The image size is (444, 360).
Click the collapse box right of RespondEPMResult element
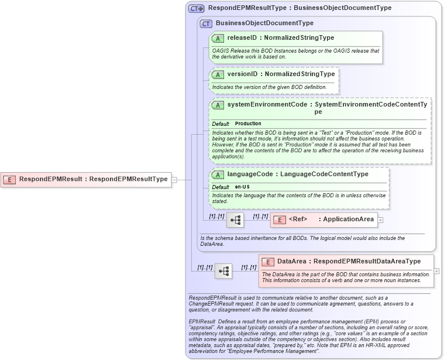(x=174, y=180)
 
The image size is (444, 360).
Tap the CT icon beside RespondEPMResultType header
(x=196, y=8)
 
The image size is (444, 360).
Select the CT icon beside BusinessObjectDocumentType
(x=206, y=23)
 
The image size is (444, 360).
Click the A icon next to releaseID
(x=218, y=38)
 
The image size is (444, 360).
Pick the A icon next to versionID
(x=218, y=74)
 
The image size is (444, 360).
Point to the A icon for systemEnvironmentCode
(x=218, y=105)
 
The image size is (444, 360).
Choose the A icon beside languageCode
(x=218, y=174)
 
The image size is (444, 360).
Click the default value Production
(x=248, y=124)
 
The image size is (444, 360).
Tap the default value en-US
(x=242, y=187)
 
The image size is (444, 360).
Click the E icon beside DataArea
(x=268, y=262)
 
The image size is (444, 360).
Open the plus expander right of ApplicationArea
(x=380, y=220)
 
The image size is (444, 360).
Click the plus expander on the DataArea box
(x=436, y=272)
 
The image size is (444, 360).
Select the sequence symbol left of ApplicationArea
(x=235, y=220)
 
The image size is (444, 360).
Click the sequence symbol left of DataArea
(x=223, y=271)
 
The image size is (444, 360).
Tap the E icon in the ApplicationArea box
(x=280, y=220)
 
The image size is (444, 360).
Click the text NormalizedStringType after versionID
(x=300, y=74)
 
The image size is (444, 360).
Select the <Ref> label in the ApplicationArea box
(x=298, y=220)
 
